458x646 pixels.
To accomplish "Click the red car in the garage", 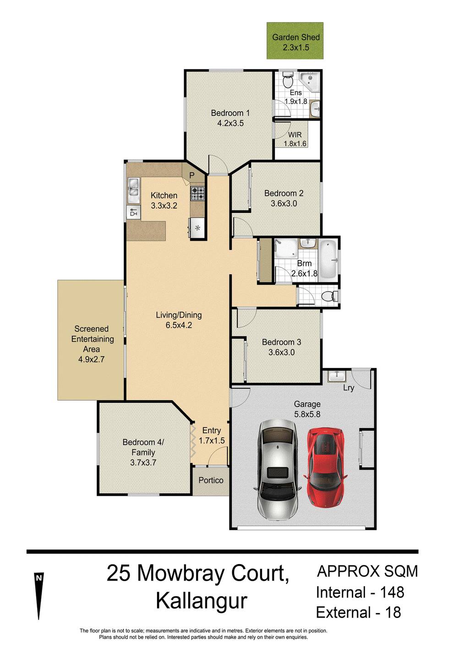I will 325,467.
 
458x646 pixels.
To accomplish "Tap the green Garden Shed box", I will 295,41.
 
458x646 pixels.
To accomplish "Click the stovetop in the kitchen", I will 198,194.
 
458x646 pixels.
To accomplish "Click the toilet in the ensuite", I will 288,80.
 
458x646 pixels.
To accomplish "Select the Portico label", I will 211,480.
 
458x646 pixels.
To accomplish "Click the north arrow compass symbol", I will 39,595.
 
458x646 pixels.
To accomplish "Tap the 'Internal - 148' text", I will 360,592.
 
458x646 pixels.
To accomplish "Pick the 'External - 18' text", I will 358,613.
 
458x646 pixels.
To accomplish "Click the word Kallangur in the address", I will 201,601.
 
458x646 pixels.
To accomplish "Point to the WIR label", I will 294,135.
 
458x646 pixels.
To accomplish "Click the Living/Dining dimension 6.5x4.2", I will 179,325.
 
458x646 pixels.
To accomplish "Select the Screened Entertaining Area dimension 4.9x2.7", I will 91,359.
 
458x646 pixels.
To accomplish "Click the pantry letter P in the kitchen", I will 192,175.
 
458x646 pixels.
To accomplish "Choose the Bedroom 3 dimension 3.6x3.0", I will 281,352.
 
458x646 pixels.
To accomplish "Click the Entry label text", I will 211,430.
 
